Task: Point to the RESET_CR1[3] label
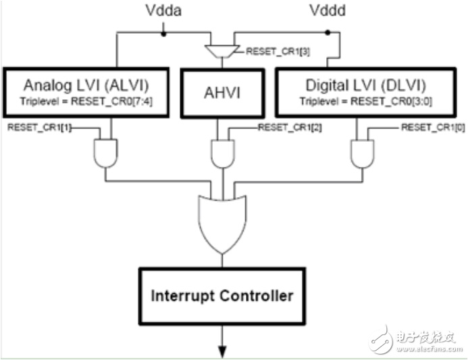(x=278, y=51)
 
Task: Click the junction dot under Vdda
(x=163, y=31)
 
